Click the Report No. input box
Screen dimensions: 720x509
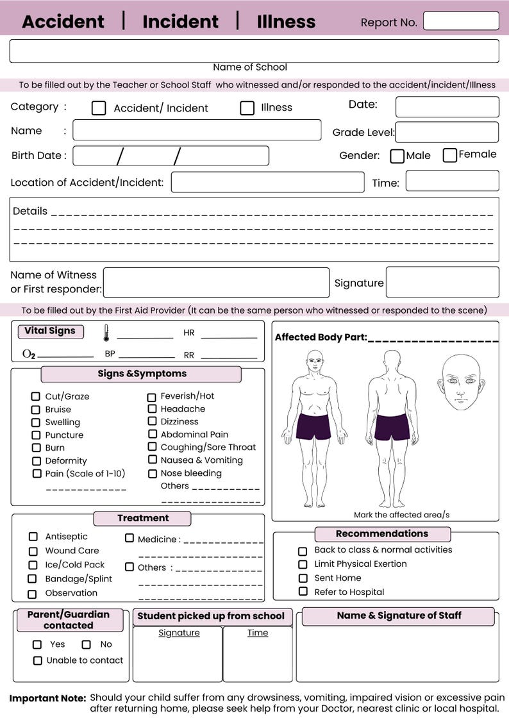[x=461, y=21]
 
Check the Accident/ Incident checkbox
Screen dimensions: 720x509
[x=99, y=108]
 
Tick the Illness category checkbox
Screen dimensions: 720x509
[x=247, y=108]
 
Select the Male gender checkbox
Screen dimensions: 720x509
[x=397, y=156]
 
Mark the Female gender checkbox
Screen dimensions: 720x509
[x=450, y=155]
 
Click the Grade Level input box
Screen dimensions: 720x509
[x=447, y=132]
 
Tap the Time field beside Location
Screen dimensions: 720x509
[x=452, y=181]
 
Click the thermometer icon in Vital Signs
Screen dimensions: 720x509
[x=106, y=333]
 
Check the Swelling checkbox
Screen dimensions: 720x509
[x=36, y=422]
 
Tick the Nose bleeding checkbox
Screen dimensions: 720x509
[x=153, y=474]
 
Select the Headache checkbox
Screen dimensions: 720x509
[x=152, y=408]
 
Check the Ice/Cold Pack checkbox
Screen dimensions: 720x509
[x=33, y=565]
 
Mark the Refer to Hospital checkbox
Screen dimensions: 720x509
[x=303, y=592]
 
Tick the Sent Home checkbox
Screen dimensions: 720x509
[x=303, y=578]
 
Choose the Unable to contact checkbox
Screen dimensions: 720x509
[x=38, y=660]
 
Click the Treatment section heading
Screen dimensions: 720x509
[x=142, y=518]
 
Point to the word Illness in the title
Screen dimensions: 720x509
[x=286, y=22]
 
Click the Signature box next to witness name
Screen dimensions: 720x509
[x=442, y=283]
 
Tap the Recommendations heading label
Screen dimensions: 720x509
[x=382, y=533]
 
